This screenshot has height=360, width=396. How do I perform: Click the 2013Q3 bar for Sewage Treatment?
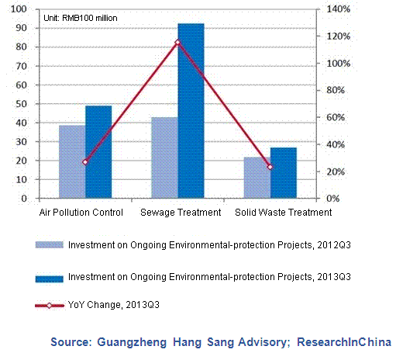tap(191, 111)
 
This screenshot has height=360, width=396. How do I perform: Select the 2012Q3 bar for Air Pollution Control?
tap(72, 161)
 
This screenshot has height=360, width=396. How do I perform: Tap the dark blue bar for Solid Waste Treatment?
tap(284, 173)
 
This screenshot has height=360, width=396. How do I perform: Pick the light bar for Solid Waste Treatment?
tap(257, 178)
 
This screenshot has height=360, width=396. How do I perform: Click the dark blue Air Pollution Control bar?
tap(98, 152)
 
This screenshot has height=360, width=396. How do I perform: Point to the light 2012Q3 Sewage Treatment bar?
tap(165, 157)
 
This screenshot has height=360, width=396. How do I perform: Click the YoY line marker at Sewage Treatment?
tap(177, 43)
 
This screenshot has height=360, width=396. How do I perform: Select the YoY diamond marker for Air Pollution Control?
tap(85, 162)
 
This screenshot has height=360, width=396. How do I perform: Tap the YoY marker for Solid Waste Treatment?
tap(270, 167)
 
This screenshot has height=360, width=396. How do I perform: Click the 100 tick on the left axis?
tap(19, 9)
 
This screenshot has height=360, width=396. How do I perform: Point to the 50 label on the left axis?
tap(21, 104)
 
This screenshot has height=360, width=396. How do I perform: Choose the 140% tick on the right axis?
tap(338, 9)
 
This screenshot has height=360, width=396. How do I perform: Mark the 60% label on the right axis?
tap(336, 117)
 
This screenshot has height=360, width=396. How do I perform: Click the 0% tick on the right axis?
tap(333, 199)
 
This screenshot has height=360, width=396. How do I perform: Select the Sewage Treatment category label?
tap(181, 213)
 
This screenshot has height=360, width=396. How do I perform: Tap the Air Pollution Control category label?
tap(81, 213)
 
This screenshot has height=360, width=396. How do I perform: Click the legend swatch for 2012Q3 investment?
tap(50, 245)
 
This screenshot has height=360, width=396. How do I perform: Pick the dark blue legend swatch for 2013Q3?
tap(50, 279)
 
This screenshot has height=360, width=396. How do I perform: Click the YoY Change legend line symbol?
tap(50, 306)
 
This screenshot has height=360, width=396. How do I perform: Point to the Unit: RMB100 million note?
tap(81, 18)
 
